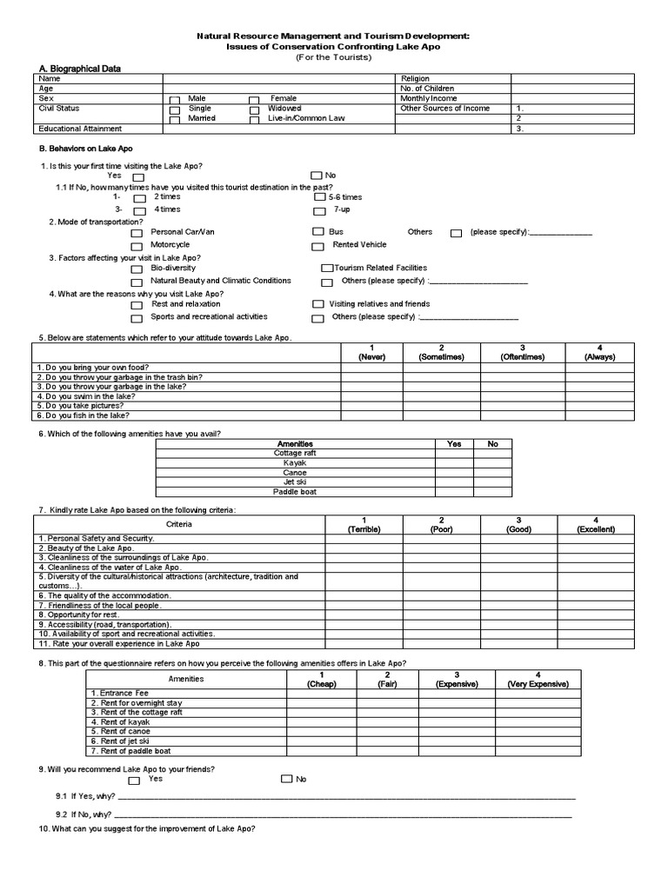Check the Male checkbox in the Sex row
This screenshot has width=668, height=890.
(x=175, y=100)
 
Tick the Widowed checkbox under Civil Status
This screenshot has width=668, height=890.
(x=254, y=110)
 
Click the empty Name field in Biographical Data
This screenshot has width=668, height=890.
(x=278, y=78)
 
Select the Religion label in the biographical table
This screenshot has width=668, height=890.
(x=415, y=78)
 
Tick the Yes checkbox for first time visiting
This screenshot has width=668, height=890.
(x=138, y=177)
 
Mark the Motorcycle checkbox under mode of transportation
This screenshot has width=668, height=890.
(x=137, y=246)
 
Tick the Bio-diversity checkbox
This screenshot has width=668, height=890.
(x=137, y=269)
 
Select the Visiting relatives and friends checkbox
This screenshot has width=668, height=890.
(x=317, y=305)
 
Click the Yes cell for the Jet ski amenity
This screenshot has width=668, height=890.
(x=454, y=482)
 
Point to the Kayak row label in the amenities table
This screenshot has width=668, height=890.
(x=296, y=462)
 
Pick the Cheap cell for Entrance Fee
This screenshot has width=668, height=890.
(x=322, y=694)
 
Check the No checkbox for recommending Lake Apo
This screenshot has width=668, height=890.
(x=286, y=780)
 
